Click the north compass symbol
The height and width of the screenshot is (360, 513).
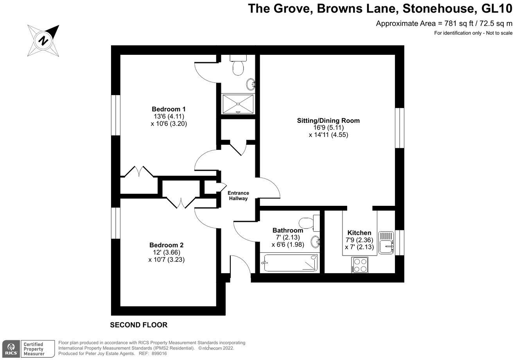pos(43,41)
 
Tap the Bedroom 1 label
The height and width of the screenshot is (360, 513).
pos(168,109)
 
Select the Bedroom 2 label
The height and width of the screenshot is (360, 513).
pos(166,245)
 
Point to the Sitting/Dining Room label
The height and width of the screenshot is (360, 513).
pos(328,121)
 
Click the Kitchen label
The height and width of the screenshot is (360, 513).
pos(359,233)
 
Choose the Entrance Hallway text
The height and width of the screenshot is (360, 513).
pos(238,196)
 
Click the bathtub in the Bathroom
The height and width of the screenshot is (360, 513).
pos(289,263)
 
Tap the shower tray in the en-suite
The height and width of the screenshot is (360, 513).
pos(238,104)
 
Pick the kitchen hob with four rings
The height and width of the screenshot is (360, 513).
pos(359,265)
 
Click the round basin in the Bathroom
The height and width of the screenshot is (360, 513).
pos(316,242)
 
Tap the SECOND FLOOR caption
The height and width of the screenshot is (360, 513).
pos(138,325)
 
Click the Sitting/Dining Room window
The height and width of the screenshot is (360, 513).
pos(399,128)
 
